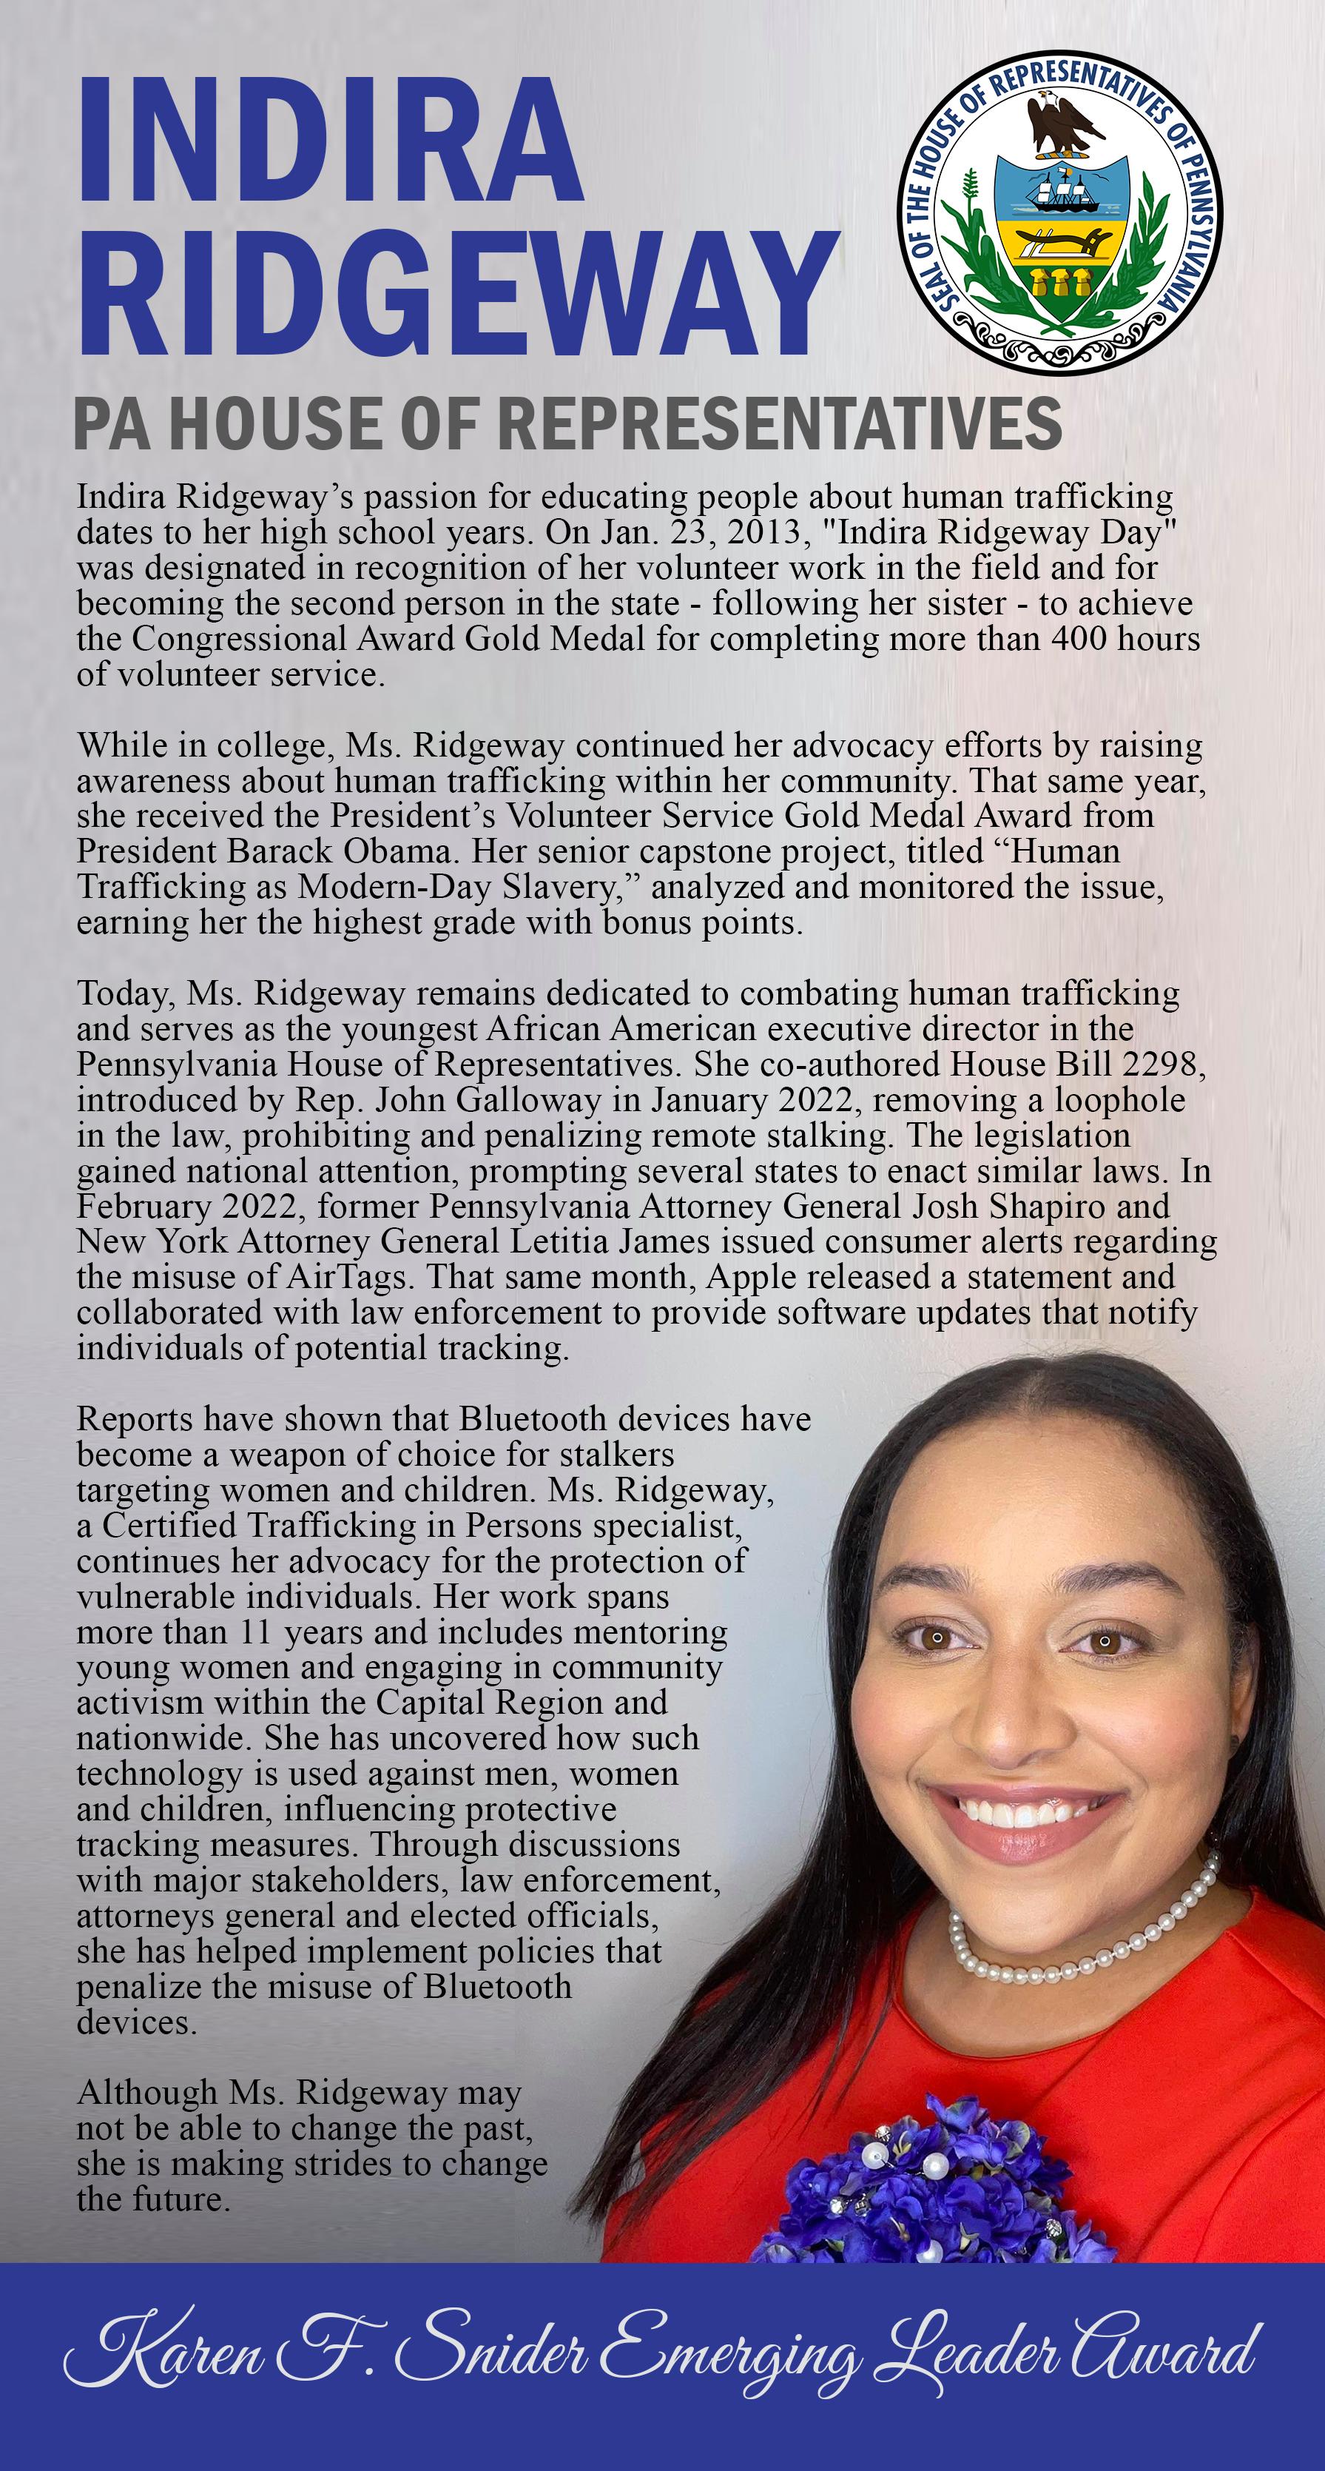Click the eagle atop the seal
coord(1060,123)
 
